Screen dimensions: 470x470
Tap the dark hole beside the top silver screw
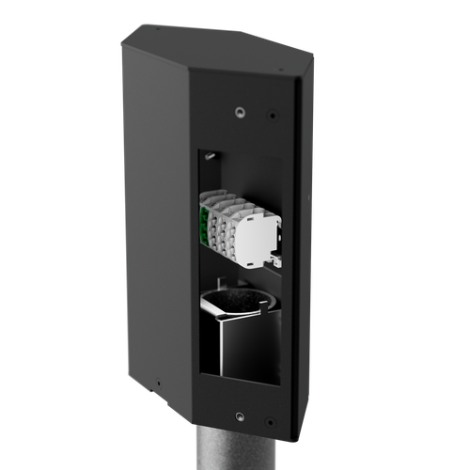click(274, 117)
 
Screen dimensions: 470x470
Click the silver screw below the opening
click(239, 413)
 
